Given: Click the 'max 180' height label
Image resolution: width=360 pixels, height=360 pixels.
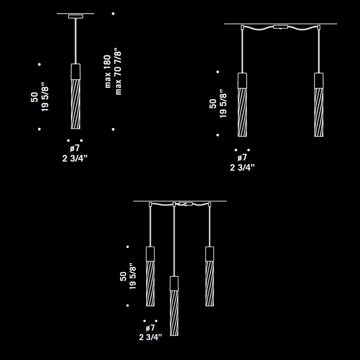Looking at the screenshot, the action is [108, 72].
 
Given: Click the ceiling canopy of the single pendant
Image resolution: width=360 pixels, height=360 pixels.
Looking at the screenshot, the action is [76, 17].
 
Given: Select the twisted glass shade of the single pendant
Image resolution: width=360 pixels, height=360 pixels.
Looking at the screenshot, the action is [76, 104].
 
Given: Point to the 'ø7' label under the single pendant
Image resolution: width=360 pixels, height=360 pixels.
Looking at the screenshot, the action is [75, 148].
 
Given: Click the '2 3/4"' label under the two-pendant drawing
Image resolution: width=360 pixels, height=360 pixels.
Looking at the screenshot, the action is [243, 167].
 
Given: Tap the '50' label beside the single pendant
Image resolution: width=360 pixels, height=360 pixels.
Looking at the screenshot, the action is [35, 97].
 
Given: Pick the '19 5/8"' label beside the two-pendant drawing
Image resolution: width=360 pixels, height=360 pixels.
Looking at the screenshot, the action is [223, 103].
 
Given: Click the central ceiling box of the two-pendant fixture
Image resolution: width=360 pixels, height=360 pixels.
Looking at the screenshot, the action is [280, 27].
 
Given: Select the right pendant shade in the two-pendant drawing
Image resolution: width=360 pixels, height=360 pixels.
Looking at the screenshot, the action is [319, 112].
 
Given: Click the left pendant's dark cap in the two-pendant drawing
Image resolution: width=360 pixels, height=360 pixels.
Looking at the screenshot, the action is [242, 81].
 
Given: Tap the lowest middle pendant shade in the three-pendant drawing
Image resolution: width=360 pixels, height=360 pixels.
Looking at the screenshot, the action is [174, 313].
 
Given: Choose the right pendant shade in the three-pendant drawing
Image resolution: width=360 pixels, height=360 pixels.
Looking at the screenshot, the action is [210, 283].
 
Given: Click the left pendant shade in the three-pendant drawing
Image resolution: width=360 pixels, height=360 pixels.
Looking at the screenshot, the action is [150, 283].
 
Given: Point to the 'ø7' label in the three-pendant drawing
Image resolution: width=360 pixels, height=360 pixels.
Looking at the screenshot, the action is [150, 328].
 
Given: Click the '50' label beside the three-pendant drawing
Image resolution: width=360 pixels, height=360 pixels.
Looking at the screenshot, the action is [123, 276].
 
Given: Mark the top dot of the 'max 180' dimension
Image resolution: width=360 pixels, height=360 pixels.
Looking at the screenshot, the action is [113, 14].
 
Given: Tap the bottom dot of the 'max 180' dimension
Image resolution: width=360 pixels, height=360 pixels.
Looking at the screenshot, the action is [113, 130].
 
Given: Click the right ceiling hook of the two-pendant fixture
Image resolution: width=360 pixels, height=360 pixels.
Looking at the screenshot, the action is [319, 27].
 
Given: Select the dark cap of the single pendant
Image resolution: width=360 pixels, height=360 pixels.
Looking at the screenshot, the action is [76, 72].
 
